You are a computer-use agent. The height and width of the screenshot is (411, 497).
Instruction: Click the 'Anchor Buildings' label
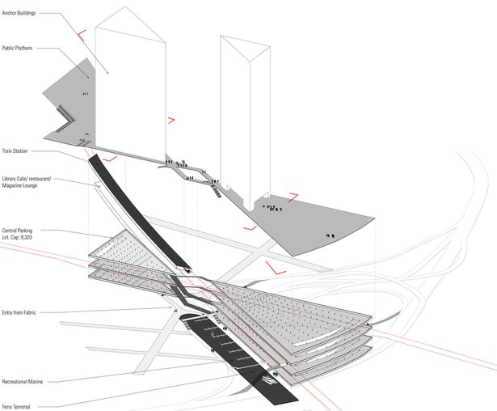click(x=19, y=13)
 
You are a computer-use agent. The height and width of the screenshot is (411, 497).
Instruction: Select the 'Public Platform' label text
click(x=17, y=48)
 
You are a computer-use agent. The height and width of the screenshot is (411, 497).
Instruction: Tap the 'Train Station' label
click(x=15, y=150)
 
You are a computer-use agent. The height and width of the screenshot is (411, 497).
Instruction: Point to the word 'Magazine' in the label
click(x=11, y=185)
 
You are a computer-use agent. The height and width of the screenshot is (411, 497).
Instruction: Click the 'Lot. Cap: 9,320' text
click(x=17, y=237)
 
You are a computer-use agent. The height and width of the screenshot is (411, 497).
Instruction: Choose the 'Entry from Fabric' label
click(x=19, y=312)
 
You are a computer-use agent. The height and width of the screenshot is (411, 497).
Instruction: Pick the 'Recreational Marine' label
click(x=22, y=382)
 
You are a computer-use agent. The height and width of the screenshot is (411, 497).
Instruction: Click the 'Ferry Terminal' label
click(x=16, y=407)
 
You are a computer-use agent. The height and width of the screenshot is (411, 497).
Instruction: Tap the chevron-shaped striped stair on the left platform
click(x=66, y=120)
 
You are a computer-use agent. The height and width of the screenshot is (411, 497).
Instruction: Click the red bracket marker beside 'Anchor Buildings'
click(x=82, y=36)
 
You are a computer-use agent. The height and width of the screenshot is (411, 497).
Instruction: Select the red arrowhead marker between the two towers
click(x=171, y=120)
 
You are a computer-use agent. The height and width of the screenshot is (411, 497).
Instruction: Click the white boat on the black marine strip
click(x=269, y=379)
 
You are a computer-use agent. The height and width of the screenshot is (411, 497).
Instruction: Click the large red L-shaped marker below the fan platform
click(x=275, y=269)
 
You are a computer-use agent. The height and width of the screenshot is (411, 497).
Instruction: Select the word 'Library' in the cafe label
click(x=9, y=179)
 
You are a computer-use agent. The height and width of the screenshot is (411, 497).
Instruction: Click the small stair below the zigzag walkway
click(x=217, y=192)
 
